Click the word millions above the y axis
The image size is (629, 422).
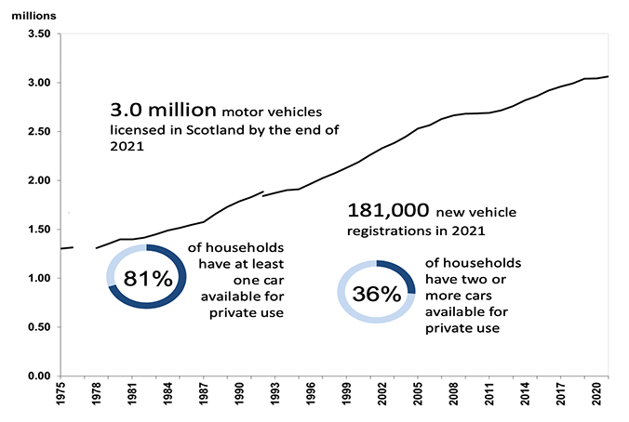pyautogui.click(x=35, y=14)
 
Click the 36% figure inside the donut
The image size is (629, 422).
pyautogui.click(x=376, y=295)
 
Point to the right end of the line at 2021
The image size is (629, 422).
pyautogui.click(x=608, y=76)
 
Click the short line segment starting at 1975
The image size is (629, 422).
pyautogui.click(x=67, y=248)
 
